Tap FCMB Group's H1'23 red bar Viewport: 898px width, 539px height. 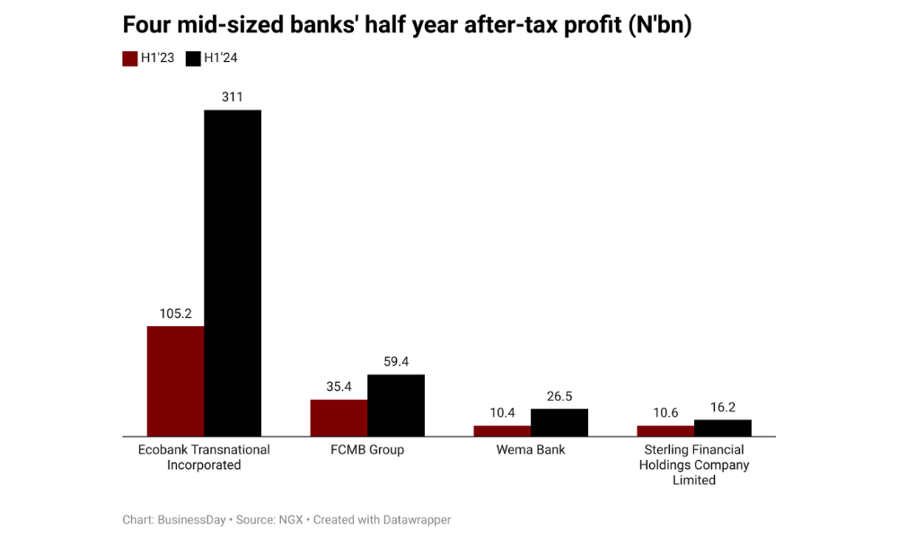click(339, 418)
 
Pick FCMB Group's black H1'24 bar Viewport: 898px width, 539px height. click(396, 405)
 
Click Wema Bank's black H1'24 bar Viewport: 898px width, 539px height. click(559, 422)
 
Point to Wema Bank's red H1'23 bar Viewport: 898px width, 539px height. click(502, 430)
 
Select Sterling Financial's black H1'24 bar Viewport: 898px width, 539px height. click(723, 428)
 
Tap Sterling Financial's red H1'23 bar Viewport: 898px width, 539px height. click(665, 430)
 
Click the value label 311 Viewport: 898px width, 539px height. click(233, 97)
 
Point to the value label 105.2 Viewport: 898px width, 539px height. click(176, 314)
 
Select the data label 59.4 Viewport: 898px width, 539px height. click(396, 361)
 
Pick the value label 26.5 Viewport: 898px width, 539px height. click(559, 396)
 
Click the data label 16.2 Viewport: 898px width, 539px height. click(723, 407)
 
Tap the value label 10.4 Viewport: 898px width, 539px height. click(502, 412)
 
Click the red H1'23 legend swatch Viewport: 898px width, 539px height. click(129, 58)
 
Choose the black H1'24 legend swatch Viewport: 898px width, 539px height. click(192, 58)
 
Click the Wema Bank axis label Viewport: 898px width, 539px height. click(531, 449)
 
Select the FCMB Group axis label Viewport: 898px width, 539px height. click(367, 449)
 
